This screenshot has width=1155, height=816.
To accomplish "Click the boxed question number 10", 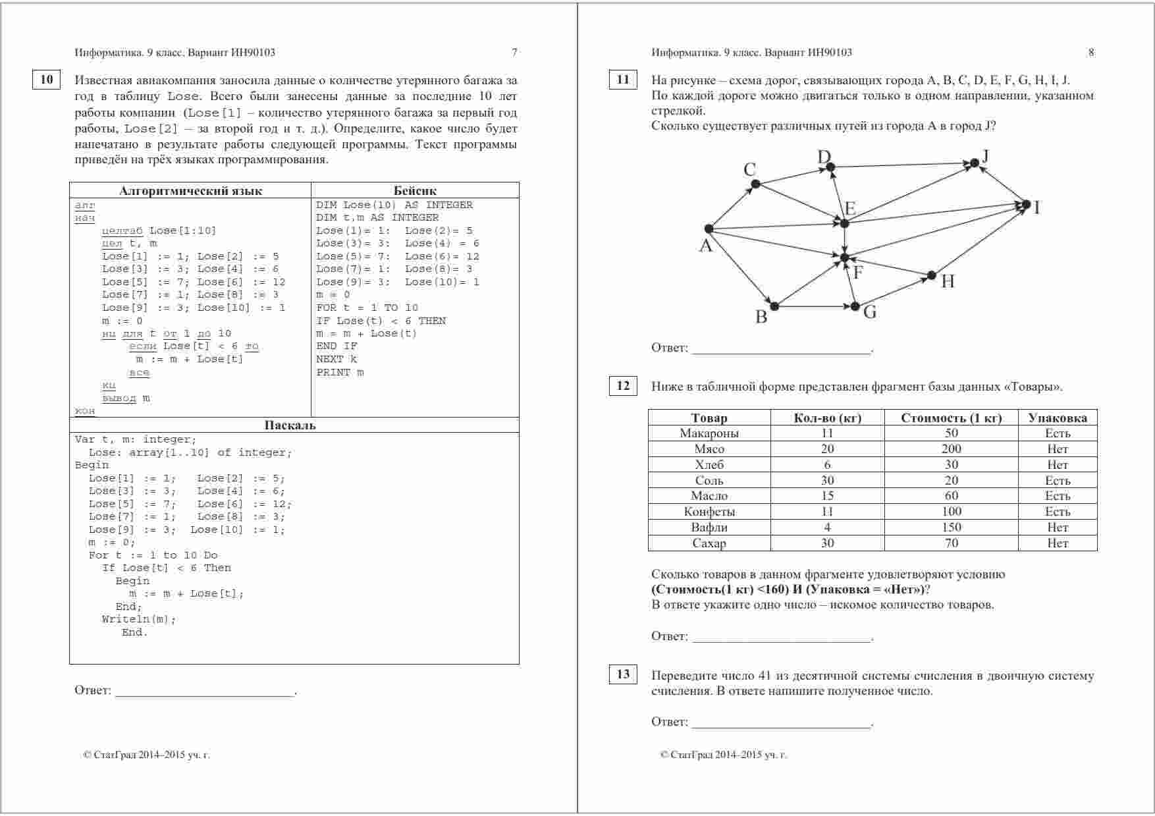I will (46, 80).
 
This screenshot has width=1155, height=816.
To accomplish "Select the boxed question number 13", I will (623, 674).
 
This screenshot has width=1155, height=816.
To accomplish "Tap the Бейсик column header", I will (415, 191).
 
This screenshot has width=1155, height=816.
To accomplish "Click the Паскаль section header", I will (290, 425).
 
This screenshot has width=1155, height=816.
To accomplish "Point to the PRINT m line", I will (340, 373).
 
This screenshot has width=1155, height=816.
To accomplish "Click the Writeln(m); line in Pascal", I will (139, 619).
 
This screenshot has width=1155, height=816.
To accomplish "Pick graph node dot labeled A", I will (709, 229).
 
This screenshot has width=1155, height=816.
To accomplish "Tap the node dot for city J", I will (975, 163).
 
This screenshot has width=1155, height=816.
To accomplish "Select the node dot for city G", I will (855, 306).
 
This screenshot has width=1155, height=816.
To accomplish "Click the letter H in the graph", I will (948, 282).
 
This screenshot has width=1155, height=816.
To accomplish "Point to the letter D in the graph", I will (824, 157).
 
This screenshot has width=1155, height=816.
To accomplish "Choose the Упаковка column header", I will (1058, 418).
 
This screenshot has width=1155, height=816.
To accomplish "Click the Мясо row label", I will (709, 449).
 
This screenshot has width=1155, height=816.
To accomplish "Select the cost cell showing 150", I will (951, 528).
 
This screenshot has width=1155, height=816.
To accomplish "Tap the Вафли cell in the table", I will (709, 528).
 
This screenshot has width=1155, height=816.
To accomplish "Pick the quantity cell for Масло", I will (827, 496).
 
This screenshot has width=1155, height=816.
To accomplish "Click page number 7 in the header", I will (514, 53).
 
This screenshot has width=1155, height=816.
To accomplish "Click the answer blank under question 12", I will (782, 637).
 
